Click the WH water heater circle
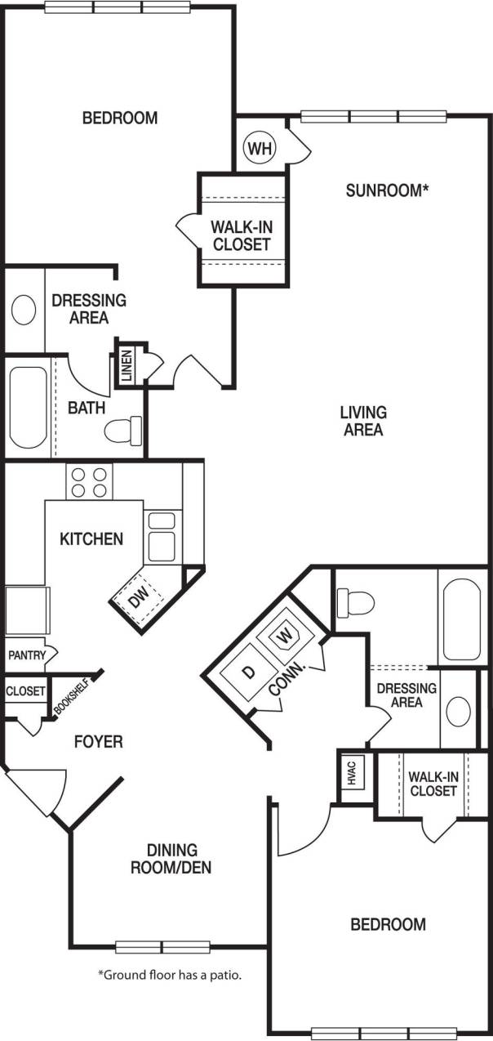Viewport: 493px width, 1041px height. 260,148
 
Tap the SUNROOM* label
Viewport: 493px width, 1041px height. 387,190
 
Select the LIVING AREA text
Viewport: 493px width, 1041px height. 363,421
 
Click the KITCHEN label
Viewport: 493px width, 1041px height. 91,538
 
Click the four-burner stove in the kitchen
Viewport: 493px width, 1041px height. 89,482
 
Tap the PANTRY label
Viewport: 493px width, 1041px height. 26,655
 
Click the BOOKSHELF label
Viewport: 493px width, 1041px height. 69,697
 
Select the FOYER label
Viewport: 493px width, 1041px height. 98,742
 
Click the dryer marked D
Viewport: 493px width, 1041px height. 248,672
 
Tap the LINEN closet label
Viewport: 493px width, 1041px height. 127,364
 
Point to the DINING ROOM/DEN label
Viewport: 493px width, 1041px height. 171,859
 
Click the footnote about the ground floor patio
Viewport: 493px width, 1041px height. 170,975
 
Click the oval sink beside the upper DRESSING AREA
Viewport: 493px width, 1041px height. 24,311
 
